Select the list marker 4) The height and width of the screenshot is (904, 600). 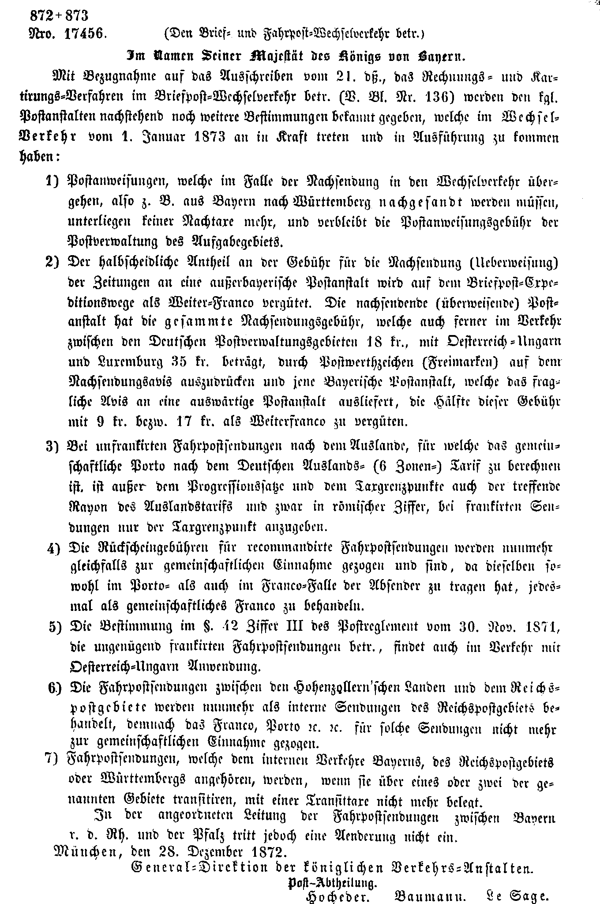pyautogui.click(x=55, y=549)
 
